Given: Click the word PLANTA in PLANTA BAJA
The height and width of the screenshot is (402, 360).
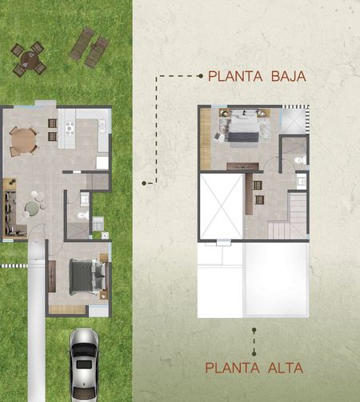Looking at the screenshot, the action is pos(235,76).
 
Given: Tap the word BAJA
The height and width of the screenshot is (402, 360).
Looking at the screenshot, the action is pos(289,76).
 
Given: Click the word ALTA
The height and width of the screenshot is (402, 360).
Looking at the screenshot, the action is pos(286,368).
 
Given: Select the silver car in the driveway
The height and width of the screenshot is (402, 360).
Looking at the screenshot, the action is pos(84,365).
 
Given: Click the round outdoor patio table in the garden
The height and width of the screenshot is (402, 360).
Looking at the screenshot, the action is pos(29,59).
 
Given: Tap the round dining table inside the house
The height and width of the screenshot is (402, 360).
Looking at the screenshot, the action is pos(23,141).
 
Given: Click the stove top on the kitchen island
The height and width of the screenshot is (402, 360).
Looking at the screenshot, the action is pos(70,128).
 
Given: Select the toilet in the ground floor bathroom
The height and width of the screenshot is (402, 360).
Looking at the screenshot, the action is pos(83,215).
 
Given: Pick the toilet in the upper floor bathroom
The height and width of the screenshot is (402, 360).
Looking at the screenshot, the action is pos(301,160).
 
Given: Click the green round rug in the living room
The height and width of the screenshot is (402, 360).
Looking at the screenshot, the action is pos(32,209).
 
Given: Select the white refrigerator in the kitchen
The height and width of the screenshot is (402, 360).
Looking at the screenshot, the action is pos(102,163).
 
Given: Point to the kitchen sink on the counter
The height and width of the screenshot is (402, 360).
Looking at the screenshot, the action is pos(102,127).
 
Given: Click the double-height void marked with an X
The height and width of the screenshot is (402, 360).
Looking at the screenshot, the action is pos(221,207).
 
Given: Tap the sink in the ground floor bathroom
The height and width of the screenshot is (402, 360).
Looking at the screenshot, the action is pos(85,199).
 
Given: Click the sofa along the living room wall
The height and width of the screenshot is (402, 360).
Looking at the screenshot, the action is pos(10,213).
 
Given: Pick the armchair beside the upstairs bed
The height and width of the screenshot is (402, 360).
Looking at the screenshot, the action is pos(219,137).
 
